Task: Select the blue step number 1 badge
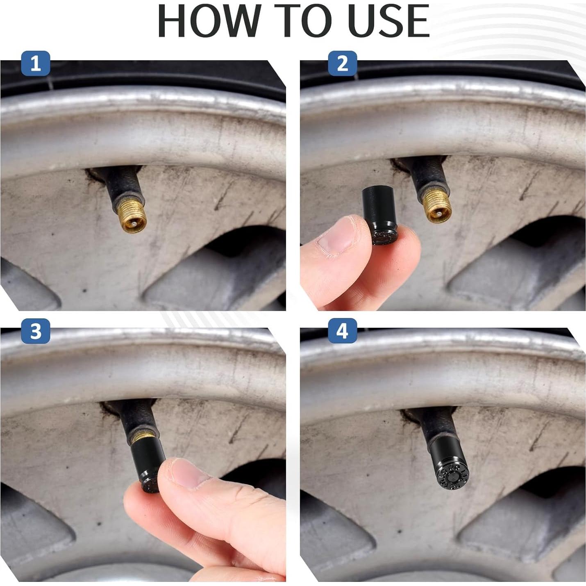36,64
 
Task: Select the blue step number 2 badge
342,64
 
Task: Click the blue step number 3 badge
36,330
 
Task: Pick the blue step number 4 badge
342,330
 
